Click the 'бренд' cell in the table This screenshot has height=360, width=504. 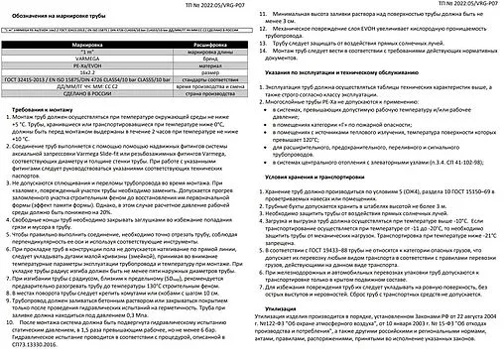click(x=186, y=63)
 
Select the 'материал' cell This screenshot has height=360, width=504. click(x=186, y=71)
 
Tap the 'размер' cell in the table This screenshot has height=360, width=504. click(x=186, y=79)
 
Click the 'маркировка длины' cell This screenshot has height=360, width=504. click(x=186, y=56)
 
